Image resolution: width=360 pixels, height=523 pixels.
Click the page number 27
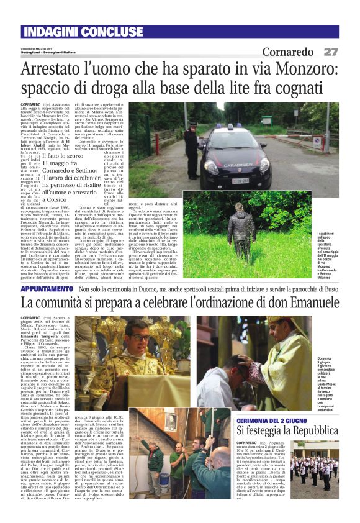coord(330,52)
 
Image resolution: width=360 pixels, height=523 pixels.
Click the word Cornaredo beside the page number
coord(288,52)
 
